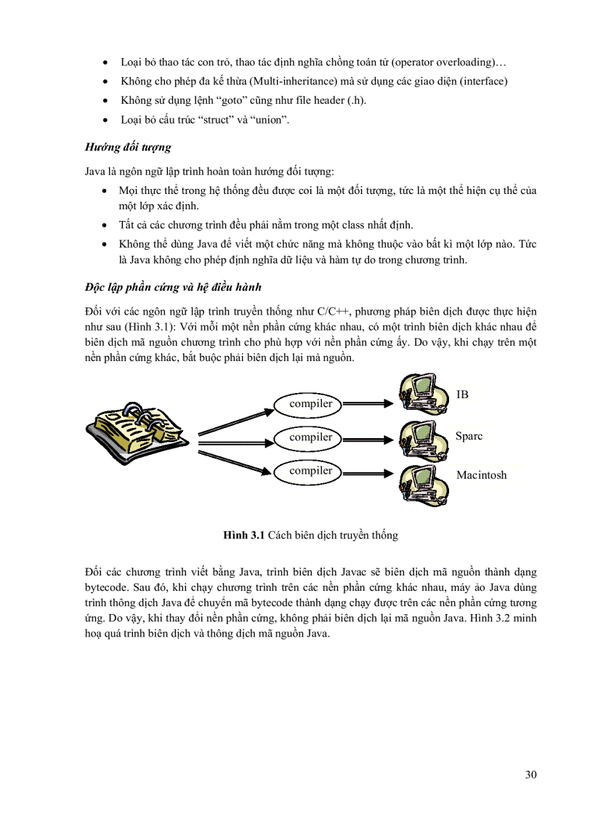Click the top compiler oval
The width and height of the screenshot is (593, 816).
tap(311, 404)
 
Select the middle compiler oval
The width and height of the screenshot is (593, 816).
tap(311, 437)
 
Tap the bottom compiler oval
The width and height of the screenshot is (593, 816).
tap(311, 471)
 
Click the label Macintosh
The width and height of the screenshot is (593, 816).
tap(481, 475)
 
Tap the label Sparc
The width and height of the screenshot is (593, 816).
tap(469, 437)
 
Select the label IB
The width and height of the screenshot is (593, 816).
tap(462, 395)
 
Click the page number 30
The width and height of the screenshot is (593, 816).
tap(531, 775)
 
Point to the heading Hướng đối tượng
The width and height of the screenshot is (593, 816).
tap(128, 147)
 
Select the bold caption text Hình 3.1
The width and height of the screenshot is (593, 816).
tap(244, 535)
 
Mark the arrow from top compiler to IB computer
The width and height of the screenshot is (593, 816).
tap(371, 403)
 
